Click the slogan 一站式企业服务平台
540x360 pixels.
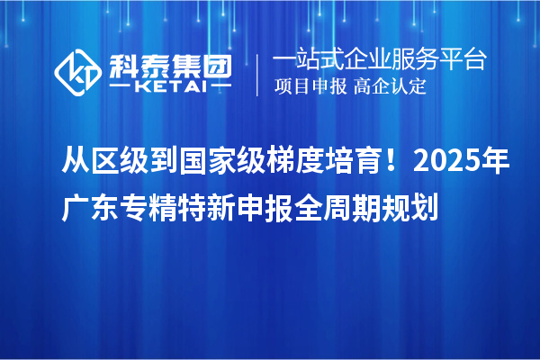click(x=379, y=60)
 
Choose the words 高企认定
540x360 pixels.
click(x=390, y=87)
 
